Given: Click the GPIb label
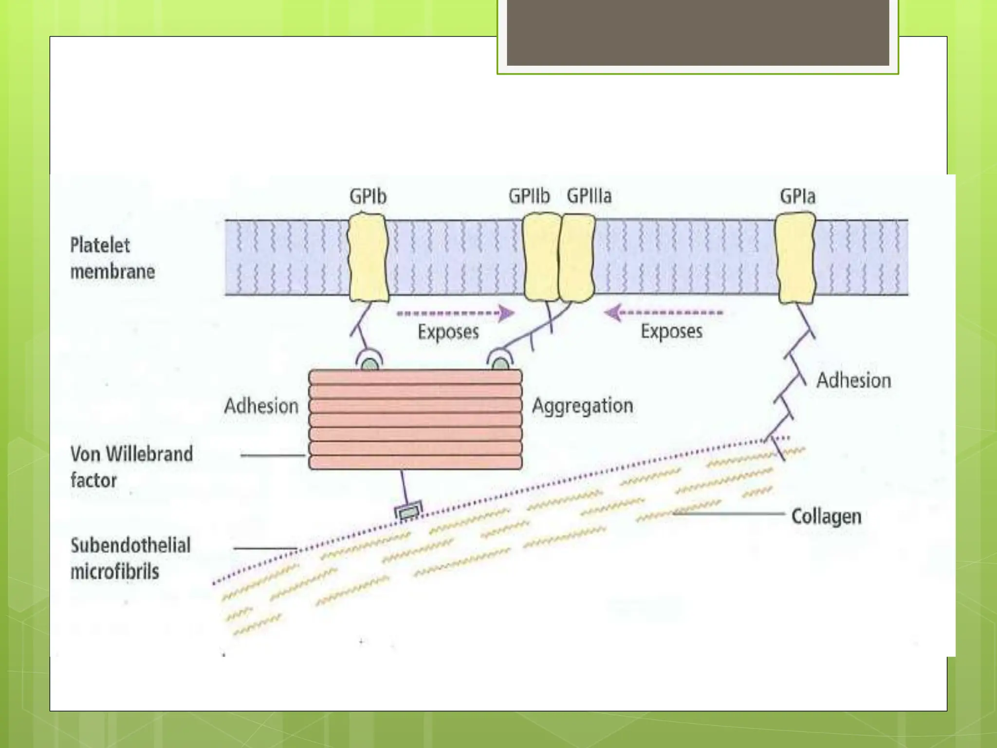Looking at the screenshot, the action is tap(368, 196).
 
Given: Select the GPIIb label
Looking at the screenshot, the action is tap(529, 196).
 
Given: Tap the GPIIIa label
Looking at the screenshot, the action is tap(589, 196).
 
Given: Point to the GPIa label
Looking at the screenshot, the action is tap(797, 196).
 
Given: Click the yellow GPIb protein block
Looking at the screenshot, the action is tap(368, 257).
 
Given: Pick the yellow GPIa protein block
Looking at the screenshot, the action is tap(795, 258).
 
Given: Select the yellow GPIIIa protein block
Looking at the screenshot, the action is tap(577, 258).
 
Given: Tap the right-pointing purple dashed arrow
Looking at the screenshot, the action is tap(456, 313).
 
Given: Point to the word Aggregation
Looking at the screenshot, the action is tap(582, 406).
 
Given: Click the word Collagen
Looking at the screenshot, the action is tap(826, 516).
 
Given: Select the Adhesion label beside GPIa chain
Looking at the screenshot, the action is tap(853, 380).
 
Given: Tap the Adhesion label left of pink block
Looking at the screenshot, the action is tap(261, 406).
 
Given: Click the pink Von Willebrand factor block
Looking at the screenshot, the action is tap(415, 419).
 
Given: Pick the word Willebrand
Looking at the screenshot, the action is tap(149, 454).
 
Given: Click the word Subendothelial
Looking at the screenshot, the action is tap(130, 545).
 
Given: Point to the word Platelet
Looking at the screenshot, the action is tap(100, 245).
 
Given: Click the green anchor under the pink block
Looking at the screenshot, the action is tap(408, 511).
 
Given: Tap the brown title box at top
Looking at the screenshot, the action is tap(698, 33).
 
